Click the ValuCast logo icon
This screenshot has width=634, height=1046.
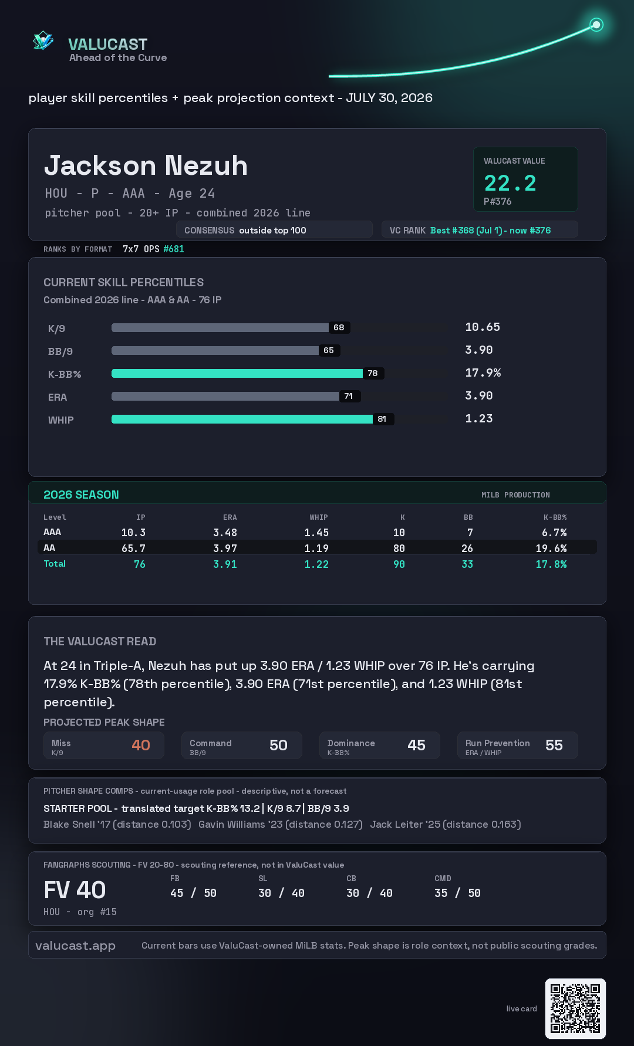coord(43,40)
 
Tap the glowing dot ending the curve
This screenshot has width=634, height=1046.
coord(596,25)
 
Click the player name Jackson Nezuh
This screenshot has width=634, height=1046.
coord(146,165)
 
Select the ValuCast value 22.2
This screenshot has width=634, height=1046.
coord(510,183)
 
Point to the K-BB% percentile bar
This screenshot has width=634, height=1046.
coord(237,373)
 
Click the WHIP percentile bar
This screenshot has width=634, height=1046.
coord(242,419)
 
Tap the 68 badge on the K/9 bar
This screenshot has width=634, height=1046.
coord(339,327)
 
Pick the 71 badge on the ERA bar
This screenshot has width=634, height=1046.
coord(349,396)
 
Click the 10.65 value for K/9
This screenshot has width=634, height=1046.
coord(483,327)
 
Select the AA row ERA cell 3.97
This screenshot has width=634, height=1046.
coord(225,548)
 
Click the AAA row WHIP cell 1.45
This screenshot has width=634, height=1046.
coord(316,532)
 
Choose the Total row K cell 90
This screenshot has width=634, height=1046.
coord(399,564)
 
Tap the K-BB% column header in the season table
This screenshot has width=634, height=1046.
coord(555,517)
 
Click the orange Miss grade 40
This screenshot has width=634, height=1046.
coord(141,745)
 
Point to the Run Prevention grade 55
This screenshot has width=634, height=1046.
coord(554,745)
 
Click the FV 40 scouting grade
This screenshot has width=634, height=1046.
coord(75,890)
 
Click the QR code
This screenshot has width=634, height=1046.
coord(575,1008)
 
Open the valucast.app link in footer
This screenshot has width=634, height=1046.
coord(75,946)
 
